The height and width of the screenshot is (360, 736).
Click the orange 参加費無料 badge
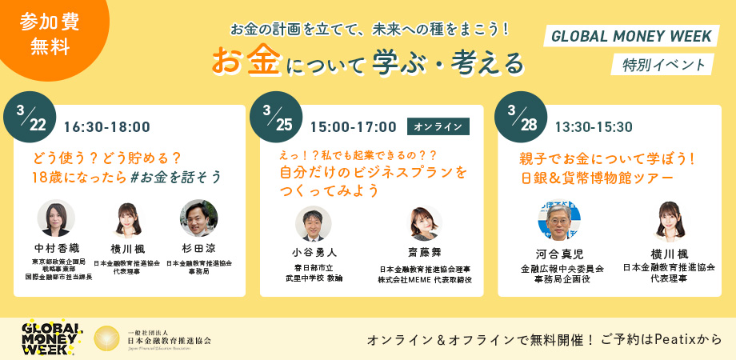coord(45,34)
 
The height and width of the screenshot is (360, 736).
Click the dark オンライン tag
coord(438,126)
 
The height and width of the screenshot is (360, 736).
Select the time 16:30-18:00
coord(106,126)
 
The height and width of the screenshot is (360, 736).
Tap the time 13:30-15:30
coord(593,126)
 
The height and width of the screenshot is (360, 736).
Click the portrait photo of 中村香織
coord(56,218)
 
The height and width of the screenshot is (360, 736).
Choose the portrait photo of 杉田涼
coord(199,218)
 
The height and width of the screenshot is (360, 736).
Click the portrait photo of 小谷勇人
coord(314,225)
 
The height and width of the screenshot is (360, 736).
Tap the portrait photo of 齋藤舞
coord(425,225)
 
